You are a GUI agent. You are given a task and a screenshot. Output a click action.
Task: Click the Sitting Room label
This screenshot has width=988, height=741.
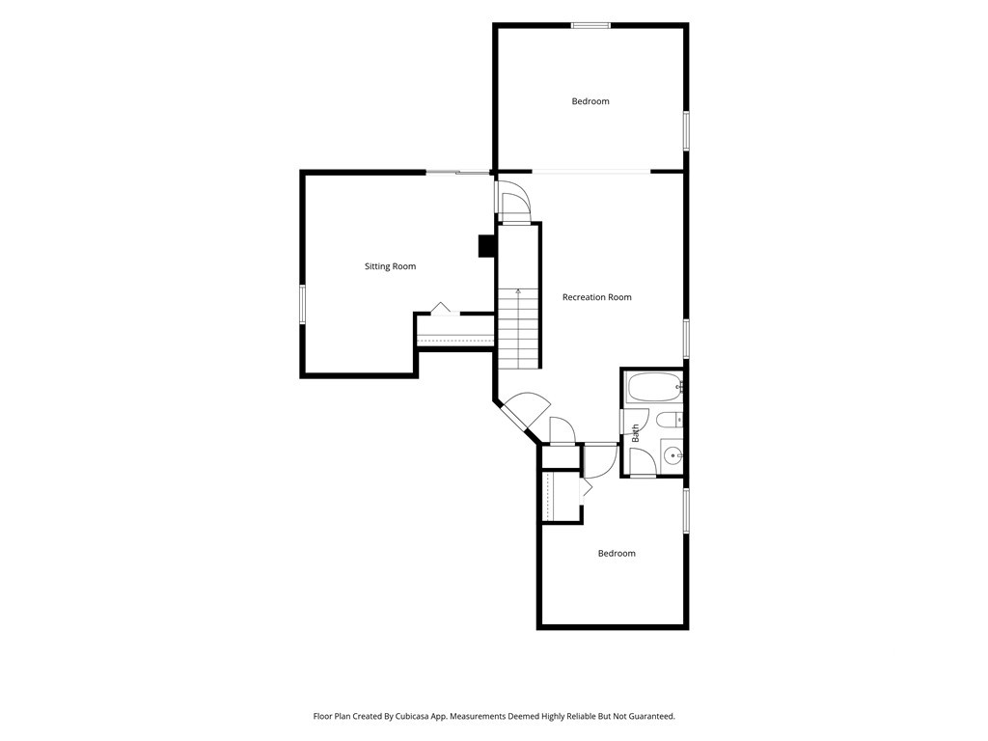pos(390,266)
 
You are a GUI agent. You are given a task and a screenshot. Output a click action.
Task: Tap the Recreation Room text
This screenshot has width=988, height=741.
pos(596,297)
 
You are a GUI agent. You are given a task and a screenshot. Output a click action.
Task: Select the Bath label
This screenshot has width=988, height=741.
pos(635,432)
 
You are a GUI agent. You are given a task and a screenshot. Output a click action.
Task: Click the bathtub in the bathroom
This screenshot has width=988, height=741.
pos(654,388)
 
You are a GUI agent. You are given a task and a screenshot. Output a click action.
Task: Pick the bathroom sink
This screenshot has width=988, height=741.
pos(672,454)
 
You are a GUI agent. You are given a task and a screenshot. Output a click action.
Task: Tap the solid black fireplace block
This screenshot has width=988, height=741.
pos(487,246)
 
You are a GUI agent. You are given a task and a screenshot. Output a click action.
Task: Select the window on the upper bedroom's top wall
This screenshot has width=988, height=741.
pos(591,26)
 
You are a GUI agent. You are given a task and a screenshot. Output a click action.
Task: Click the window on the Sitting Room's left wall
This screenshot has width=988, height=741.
pos(302,304)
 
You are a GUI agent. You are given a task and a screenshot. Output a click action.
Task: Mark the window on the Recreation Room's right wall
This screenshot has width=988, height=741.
pos(686,339)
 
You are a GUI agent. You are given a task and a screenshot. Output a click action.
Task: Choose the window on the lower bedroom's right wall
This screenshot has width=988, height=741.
pos(686,510)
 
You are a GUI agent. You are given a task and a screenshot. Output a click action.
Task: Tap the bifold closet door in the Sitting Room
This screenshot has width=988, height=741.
pos(441,309)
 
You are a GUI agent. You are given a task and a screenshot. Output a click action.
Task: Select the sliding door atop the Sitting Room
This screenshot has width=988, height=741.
pos(458,172)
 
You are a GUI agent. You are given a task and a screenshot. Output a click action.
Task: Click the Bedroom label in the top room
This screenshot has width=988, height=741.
pos(590,101)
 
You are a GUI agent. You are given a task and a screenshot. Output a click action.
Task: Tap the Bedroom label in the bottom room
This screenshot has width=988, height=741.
pos(617,554)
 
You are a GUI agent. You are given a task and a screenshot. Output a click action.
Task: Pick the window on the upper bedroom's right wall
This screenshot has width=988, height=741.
pos(686,131)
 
